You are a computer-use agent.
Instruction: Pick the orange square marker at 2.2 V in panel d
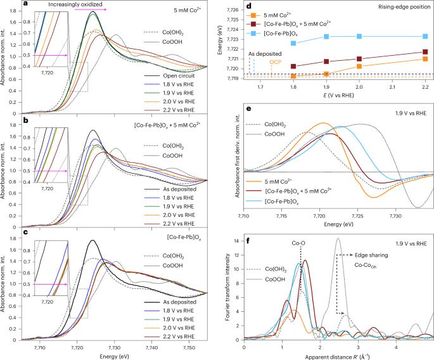[424, 59]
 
